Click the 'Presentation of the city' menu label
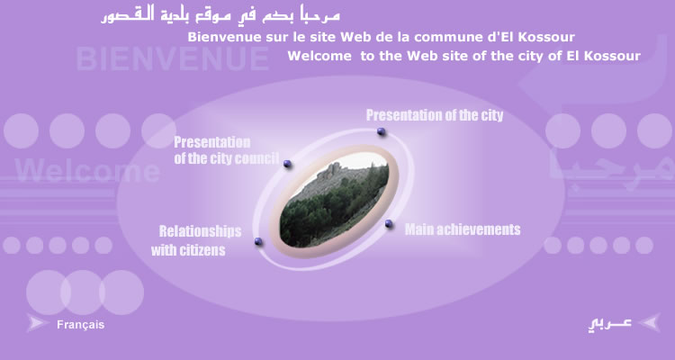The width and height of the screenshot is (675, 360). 435,115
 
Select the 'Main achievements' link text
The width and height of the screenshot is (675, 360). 463,229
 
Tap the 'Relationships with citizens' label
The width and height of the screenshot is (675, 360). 196,240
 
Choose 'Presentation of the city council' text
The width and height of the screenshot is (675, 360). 227,150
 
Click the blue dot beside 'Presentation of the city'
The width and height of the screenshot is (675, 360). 381,131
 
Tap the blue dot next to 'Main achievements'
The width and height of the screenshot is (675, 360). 389,223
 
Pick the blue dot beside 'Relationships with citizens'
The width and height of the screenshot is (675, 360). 258,241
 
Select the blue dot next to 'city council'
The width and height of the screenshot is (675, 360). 288,164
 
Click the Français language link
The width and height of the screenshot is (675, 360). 80,325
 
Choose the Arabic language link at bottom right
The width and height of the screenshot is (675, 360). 609,324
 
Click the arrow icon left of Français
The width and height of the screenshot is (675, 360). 37,323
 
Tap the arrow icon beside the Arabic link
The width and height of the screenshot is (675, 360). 650,322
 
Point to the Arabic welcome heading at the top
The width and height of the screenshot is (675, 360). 220,15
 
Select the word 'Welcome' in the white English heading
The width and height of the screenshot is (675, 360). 319,56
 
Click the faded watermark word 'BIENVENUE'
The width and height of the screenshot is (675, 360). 173,58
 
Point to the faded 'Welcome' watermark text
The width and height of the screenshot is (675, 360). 87,170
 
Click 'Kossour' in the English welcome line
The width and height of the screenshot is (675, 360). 615,56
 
